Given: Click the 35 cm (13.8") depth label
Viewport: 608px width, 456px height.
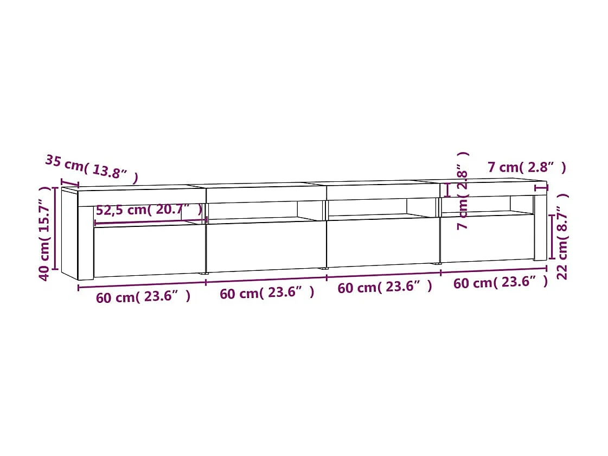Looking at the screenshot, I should click(91, 169).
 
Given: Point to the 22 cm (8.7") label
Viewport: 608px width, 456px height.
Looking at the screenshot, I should click(562, 236).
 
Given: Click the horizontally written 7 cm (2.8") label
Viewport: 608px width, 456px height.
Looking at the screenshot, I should click(527, 167).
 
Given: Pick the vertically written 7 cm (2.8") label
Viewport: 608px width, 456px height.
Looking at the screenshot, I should click(463, 191).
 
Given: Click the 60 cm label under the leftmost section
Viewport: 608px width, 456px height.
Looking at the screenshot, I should click(143, 296).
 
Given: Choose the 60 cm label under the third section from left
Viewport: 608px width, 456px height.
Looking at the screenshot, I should click(385, 287).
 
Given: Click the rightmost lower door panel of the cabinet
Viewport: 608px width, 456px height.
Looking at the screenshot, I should click(487, 239).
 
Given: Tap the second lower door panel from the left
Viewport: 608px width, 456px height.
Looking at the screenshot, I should click(266, 245).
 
